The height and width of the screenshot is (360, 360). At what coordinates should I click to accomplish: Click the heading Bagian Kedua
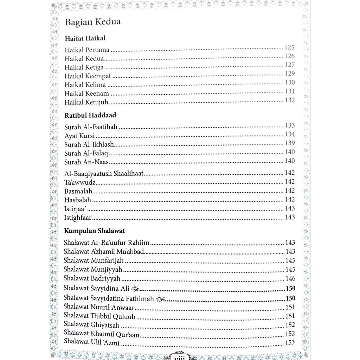click(93, 22)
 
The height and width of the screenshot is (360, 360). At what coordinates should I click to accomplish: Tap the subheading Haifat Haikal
click(85, 38)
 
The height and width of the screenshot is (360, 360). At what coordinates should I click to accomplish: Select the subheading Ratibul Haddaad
click(90, 115)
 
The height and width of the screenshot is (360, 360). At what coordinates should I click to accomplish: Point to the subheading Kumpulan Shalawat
click(95, 231)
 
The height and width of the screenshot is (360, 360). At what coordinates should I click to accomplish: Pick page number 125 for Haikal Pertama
click(290, 47)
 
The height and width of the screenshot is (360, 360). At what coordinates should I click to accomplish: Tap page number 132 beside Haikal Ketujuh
click(290, 100)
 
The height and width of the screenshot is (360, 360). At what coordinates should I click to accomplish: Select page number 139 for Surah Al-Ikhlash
click(290, 143)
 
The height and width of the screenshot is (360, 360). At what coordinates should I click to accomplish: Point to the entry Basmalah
click(78, 191)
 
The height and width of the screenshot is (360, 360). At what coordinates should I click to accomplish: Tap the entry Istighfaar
click(78, 218)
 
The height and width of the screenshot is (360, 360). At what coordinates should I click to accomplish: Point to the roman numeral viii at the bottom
click(180, 357)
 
